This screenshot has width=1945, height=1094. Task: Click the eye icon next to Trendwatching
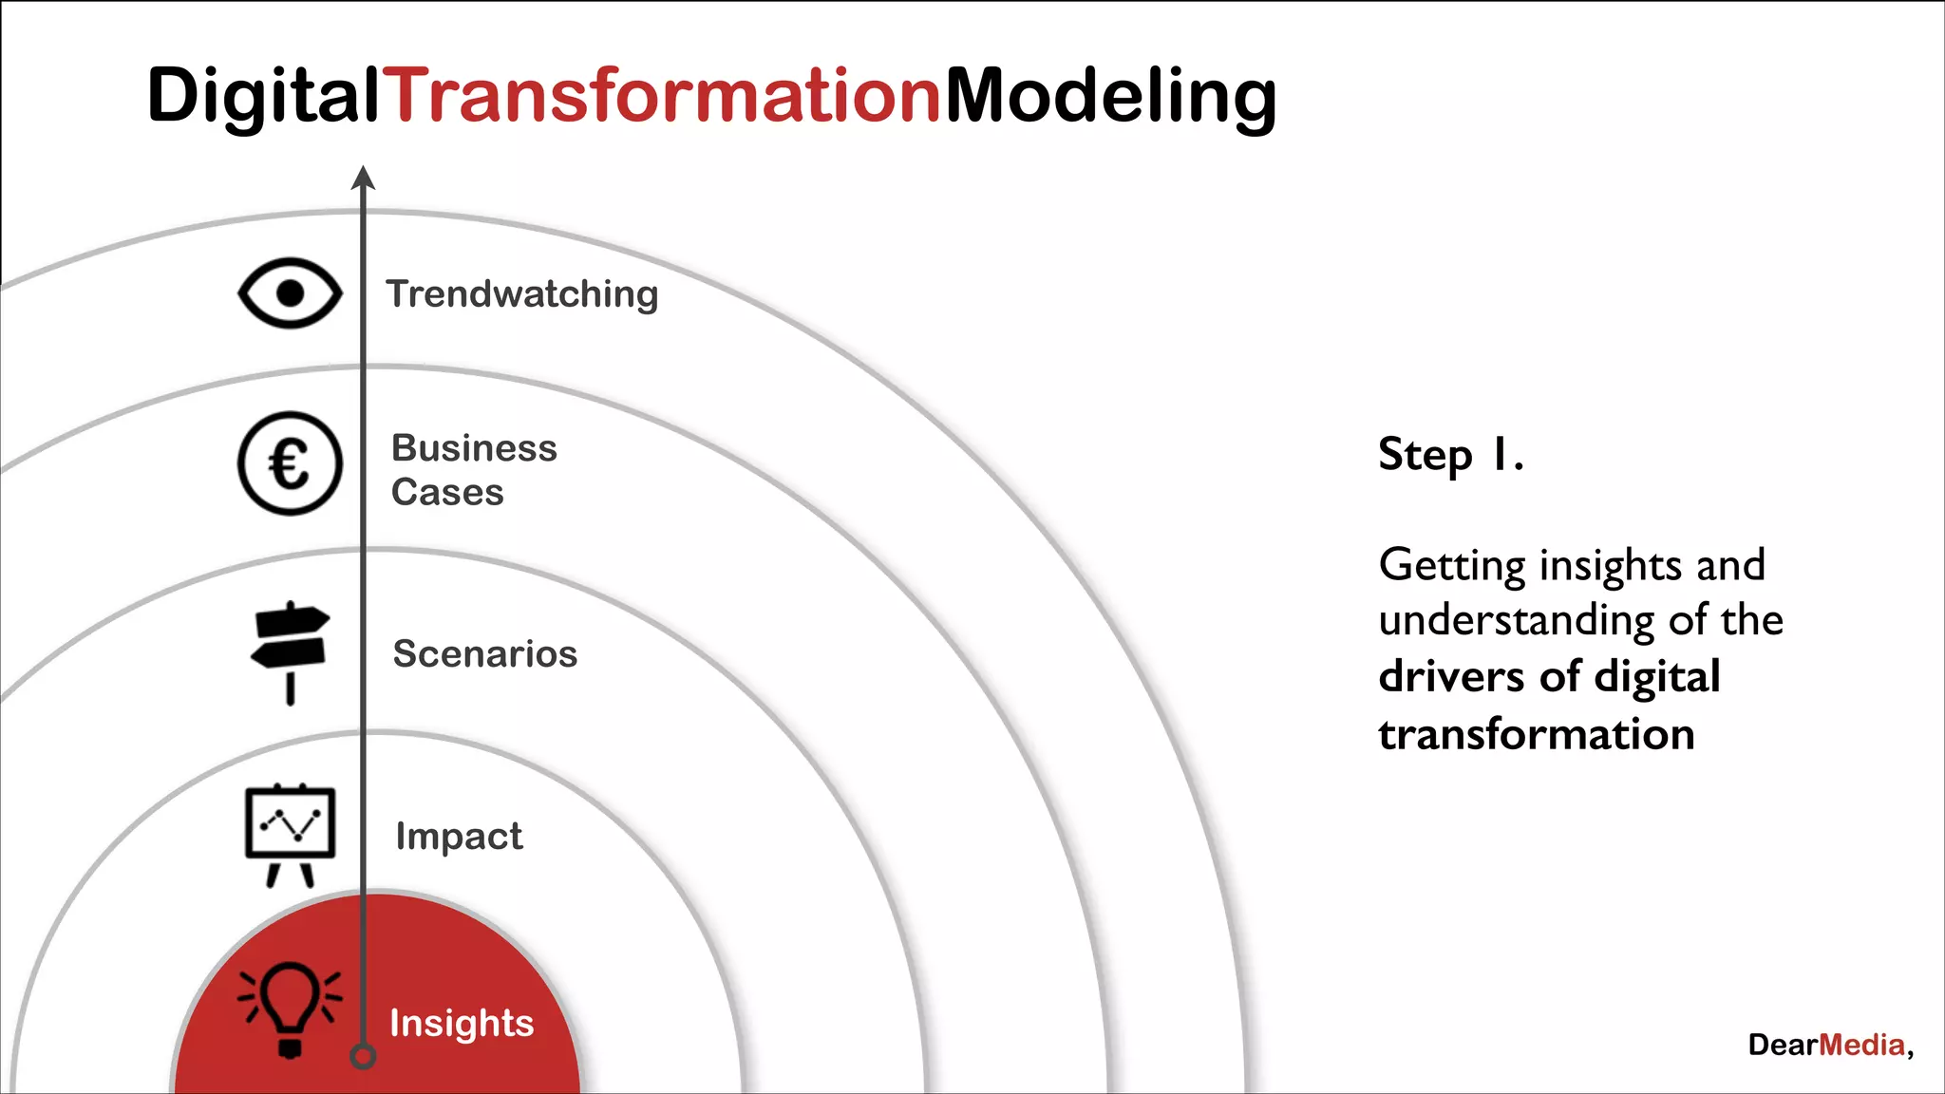[x=290, y=293]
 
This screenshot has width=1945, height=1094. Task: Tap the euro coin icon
[x=290, y=464]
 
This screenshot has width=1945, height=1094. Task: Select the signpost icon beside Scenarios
[x=290, y=651]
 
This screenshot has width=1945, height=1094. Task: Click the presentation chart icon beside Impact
[x=290, y=833]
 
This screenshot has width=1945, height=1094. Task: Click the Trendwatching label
[x=521, y=294]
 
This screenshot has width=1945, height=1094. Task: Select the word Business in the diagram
[x=474, y=448]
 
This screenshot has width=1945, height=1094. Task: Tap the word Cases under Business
[x=447, y=493]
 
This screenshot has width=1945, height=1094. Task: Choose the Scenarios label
[x=484, y=654]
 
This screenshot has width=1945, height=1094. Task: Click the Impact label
[x=459, y=837]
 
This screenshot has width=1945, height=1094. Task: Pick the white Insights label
[x=462, y=1024]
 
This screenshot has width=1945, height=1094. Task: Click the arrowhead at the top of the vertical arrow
[x=363, y=178]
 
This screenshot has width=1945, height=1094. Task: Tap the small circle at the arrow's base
[x=363, y=1056]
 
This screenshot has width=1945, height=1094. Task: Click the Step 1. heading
[x=1450, y=455]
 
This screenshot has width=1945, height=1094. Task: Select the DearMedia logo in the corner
[x=1828, y=1046]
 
